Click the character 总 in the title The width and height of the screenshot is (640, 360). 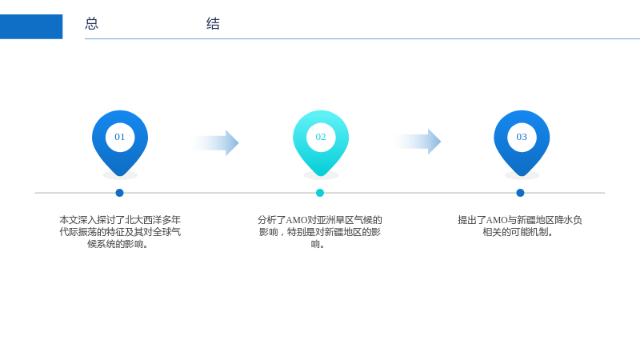pyautogui.click(x=91, y=23)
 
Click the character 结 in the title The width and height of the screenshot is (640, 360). pyautogui.click(x=213, y=23)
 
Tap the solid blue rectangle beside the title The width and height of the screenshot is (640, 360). pyautogui.click(x=31, y=26)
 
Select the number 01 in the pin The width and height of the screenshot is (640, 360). pyautogui.click(x=119, y=137)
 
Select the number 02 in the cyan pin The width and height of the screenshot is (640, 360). pyautogui.click(x=321, y=137)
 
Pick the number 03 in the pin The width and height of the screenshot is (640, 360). pyautogui.click(x=522, y=137)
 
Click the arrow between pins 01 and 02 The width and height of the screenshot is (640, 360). pyautogui.click(x=214, y=143)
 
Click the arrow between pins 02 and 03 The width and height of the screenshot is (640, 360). pyautogui.click(x=416, y=142)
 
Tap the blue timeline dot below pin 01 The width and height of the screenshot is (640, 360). pyautogui.click(x=119, y=193)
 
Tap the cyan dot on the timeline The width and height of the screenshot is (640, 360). pyautogui.click(x=320, y=193)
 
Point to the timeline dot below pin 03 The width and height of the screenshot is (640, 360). pyautogui.click(x=520, y=193)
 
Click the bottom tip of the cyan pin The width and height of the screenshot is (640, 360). pyautogui.click(x=321, y=176)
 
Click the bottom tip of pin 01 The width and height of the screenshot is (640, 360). pyautogui.click(x=120, y=176)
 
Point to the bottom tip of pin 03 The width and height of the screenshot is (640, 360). pyautogui.click(x=522, y=176)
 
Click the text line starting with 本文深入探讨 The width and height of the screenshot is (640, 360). pyautogui.click(x=120, y=220)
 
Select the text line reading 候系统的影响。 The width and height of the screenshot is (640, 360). pyautogui.click(x=118, y=244)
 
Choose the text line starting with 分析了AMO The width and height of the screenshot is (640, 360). pyautogui.click(x=320, y=220)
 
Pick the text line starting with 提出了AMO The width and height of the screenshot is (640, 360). pyautogui.click(x=520, y=220)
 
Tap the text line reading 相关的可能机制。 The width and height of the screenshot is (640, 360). pyautogui.click(x=518, y=232)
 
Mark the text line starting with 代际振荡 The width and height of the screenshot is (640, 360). pyautogui.click(x=120, y=232)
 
